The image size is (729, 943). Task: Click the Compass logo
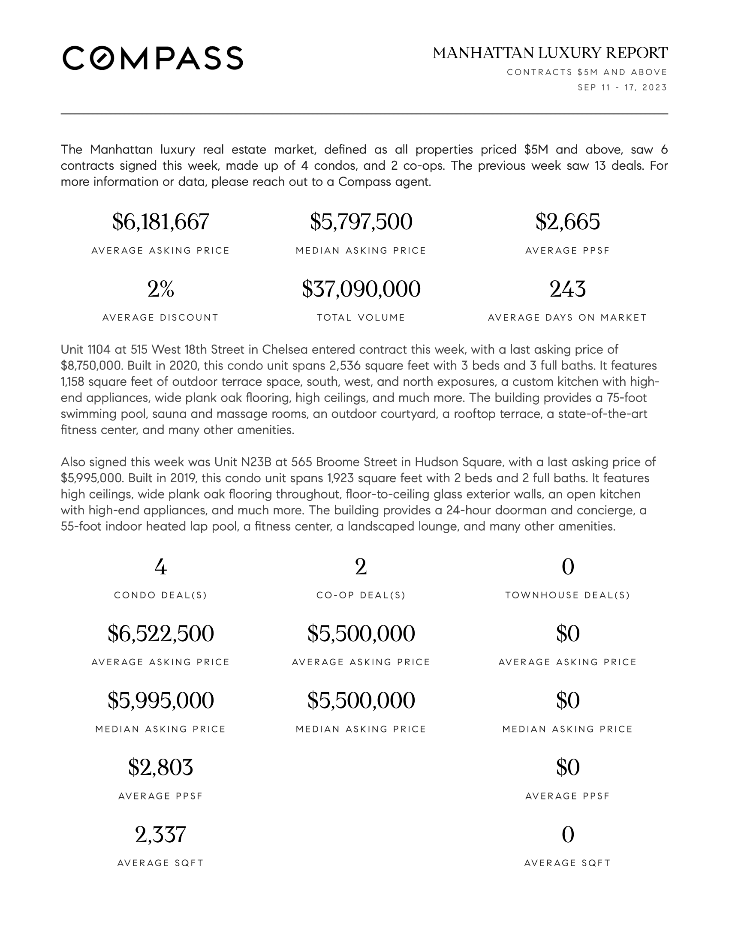pos(153,58)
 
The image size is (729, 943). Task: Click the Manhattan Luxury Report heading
pos(550,53)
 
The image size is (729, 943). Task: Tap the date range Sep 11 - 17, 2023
pos(622,87)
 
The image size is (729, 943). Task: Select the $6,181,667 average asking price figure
pos(161,222)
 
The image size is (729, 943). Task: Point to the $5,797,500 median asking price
pos(361,222)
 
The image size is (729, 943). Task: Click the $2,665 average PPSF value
pos(567,222)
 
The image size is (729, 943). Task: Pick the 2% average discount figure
pos(161,289)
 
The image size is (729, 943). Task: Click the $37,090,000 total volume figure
pos(361,289)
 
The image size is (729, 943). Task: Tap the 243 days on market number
pos(567,289)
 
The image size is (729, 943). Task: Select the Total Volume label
pos(361,318)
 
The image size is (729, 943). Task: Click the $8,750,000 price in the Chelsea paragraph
pos(93,366)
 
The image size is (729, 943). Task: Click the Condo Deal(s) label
pos(161,595)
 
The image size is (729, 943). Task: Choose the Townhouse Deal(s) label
pos(567,595)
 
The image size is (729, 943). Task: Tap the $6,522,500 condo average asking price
pos(161,634)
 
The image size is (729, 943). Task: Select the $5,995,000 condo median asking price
pos(161,700)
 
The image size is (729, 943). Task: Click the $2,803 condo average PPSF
pos(161,767)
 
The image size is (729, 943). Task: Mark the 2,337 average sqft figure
pos(161,834)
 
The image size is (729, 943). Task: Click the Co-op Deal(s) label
pos(361,595)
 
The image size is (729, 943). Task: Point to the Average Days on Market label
pos(567,318)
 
